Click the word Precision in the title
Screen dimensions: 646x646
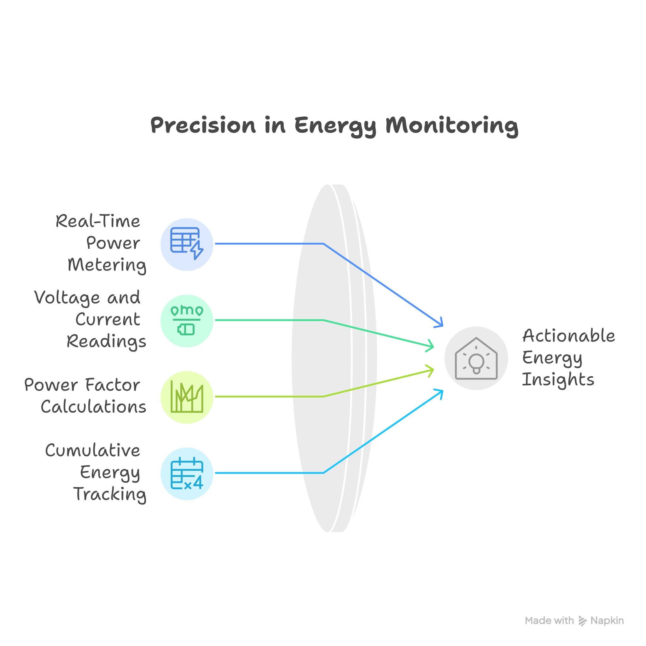click(203, 125)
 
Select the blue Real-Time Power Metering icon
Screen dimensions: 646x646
click(187, 244)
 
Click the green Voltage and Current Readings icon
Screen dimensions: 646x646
click(187, 321)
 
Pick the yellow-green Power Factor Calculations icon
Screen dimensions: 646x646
click(187, 397)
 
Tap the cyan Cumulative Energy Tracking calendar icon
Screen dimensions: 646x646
click(187, 474)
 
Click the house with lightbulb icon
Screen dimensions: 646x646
click(476, 358)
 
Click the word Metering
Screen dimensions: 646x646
click(107, 265)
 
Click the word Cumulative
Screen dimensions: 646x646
click(93, 451)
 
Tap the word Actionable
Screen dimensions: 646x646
click(568, 336)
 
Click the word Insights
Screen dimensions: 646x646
click(558, 380)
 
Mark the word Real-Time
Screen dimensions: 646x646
click(98, 221)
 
